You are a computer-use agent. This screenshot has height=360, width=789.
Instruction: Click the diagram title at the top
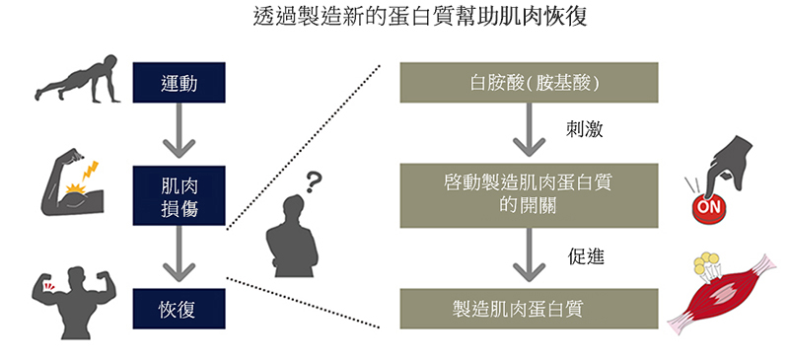[x=420, y=18]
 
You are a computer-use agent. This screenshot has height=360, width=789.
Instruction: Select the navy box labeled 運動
[x=179, y=83]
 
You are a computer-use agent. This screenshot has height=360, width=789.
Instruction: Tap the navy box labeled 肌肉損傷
[x=179, y=195]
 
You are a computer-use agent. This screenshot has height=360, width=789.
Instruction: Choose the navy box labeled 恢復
[x=179, y=309]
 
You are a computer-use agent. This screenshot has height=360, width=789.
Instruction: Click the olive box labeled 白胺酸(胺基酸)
[x=529, y=83]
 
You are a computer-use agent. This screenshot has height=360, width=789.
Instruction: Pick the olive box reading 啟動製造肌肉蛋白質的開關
[x=529, y=195]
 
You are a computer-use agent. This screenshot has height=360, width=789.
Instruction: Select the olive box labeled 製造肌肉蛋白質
[x=529, y=309]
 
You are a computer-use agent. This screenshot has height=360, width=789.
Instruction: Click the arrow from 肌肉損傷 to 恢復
[x=179, y=253]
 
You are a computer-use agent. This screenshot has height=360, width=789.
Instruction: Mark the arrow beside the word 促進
[x=529, y=254]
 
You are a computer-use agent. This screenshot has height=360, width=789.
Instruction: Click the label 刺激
[x=584, y=130]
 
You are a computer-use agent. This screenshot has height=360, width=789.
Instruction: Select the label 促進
[x=585, y=256]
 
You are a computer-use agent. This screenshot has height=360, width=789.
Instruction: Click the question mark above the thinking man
[x=313, y=182]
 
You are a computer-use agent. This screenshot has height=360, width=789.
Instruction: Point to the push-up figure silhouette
[x=78, y=79]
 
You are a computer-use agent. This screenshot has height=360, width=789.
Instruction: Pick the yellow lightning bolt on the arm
[x=90, y=171]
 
